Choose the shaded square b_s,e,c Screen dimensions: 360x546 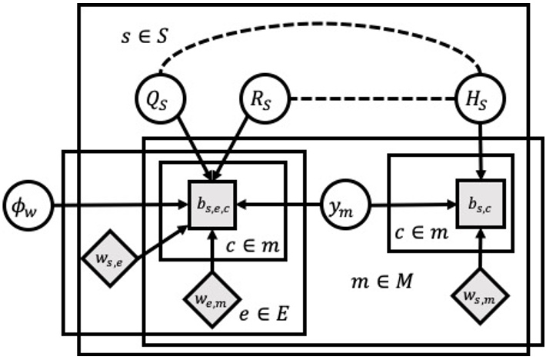point(213,205)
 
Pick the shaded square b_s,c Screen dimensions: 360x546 point(481,203)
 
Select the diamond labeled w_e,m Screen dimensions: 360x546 point(212,296)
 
